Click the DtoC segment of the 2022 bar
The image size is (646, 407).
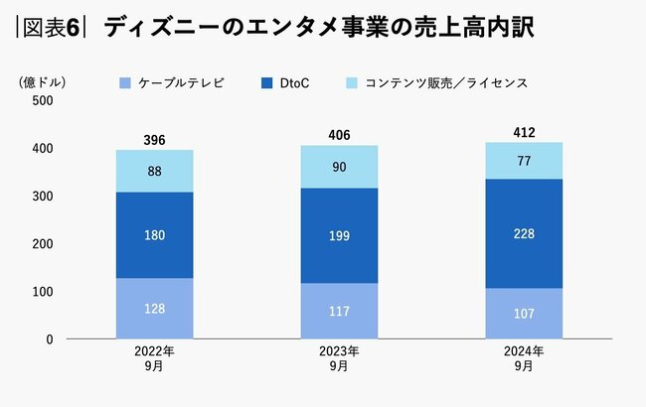(x=154, y=235)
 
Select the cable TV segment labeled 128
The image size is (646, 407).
(x=154, y=309)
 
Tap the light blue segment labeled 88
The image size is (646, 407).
(x=154, y=171)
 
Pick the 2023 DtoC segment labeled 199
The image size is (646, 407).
(x=339, y=236)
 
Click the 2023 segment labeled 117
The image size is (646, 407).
(x=339, y=311)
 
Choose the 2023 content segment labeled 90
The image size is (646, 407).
(x=339, y=167)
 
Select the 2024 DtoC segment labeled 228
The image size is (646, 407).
(x=524, y=234)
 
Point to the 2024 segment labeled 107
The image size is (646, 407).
(x=524, y=314)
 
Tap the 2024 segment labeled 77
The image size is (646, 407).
(x=524, y=160)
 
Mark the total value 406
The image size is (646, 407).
(x=339, y=134)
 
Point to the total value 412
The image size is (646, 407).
(x=524, y=130)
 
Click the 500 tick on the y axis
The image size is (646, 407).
(x=43, y=100)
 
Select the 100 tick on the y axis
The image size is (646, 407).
(x=43, y=292)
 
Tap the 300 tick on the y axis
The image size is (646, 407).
(x=43, y=197)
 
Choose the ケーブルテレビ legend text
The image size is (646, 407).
(x=182, y=82)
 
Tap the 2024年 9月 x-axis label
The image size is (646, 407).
(x=524, y=359)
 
